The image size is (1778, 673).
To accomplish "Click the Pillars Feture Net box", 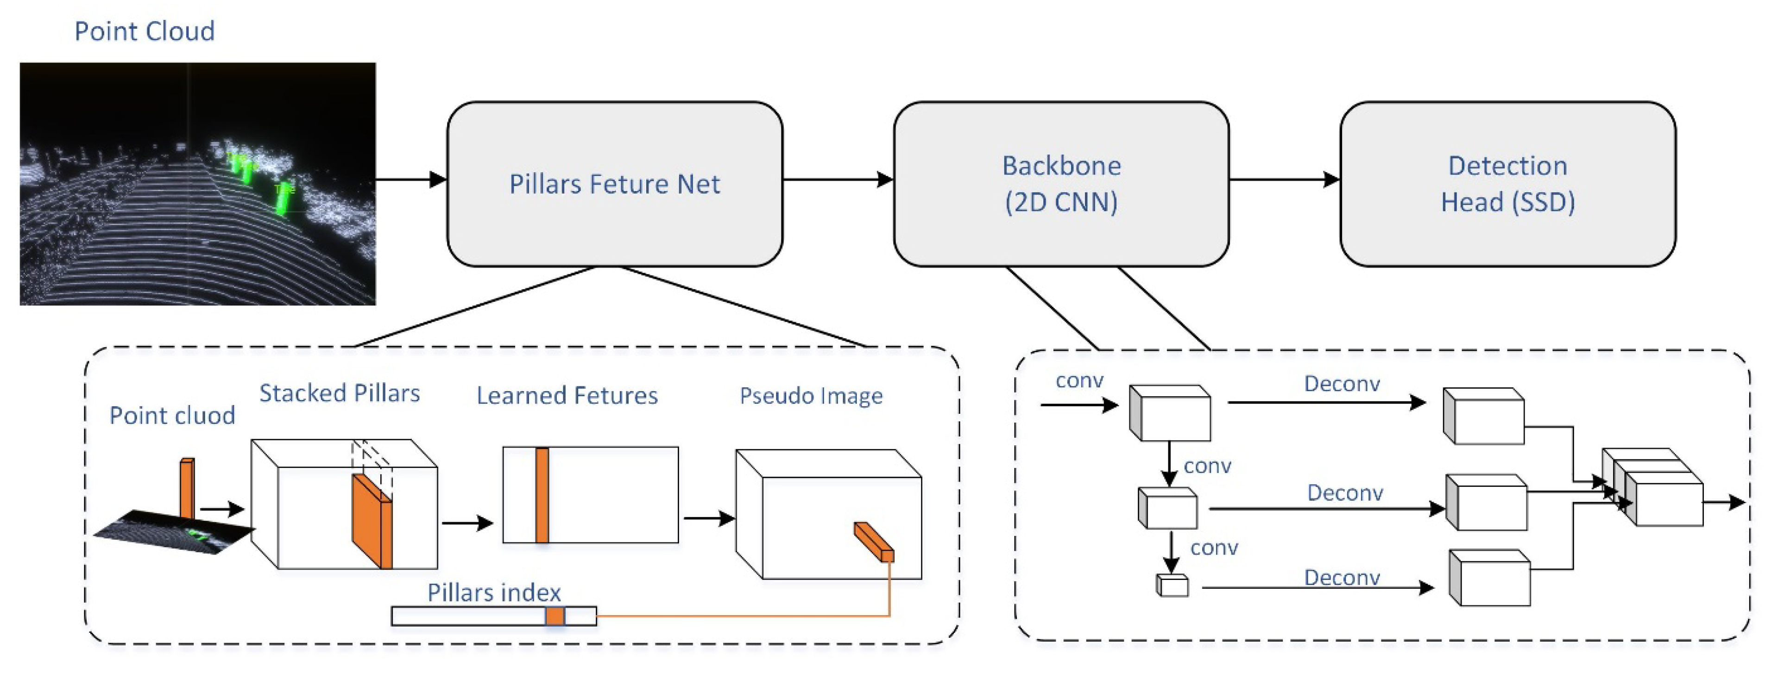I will pos(614,184).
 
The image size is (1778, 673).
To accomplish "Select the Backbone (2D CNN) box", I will pos(1061,184).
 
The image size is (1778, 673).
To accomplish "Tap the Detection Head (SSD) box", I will pos(1507,184).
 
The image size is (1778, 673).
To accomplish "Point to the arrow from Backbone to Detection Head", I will pos(1284,180).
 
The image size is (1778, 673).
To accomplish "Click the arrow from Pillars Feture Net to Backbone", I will pos(837,180).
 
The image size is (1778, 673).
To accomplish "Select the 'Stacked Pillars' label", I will pos(339,393).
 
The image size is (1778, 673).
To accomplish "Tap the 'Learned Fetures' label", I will pos(567,396).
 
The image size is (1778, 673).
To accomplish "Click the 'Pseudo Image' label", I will pos(811,396).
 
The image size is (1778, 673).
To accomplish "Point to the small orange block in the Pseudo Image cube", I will pos(874,541).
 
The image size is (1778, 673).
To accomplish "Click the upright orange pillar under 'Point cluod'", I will pos(186,488).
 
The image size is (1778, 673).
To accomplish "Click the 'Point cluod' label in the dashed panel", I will pos(172,416).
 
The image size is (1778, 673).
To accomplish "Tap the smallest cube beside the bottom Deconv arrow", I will pos(1172,586).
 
